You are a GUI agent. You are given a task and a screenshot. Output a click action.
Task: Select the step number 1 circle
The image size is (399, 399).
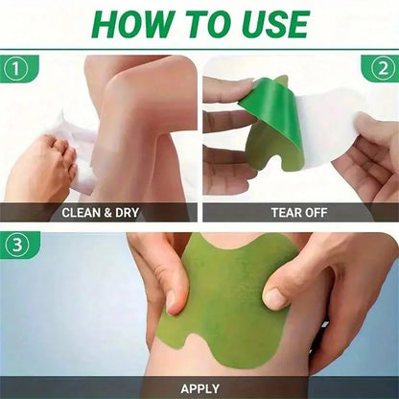(14, 69)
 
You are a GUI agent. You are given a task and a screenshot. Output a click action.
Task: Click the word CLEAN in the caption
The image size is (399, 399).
(85, 212)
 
